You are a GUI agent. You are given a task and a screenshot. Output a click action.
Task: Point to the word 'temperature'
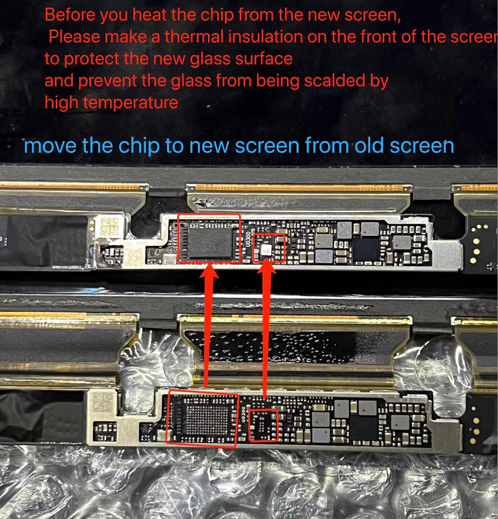(130, 103)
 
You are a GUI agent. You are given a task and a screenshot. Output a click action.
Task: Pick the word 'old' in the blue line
(369, 146)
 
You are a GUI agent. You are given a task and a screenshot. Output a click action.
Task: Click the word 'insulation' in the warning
(265, 37)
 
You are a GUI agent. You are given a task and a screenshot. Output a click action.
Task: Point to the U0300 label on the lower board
(243, 414)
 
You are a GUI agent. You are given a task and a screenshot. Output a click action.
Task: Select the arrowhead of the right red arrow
(267, 266)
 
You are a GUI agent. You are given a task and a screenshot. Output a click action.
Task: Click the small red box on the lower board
(263, 425)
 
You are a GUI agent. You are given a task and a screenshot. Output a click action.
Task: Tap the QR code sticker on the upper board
(109, 226)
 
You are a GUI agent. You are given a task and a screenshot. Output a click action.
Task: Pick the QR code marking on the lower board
(103, 402)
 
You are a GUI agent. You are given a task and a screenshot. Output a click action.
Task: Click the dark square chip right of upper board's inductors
(365, 249)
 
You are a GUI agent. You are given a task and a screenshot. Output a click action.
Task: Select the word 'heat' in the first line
(149, 15)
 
